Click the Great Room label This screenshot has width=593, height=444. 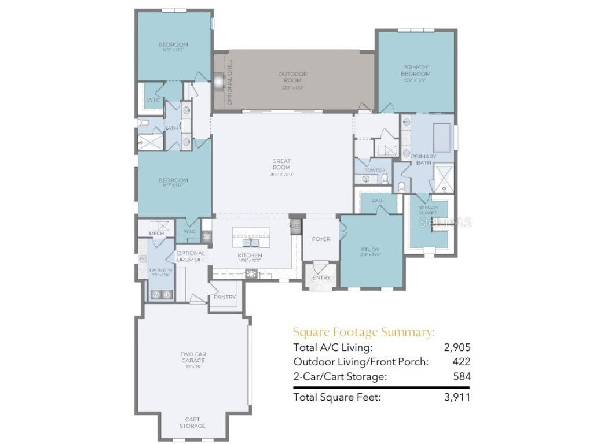click(x=281, y=164)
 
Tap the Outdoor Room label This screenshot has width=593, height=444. click(x=292, y=77)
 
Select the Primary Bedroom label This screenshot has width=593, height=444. click(x=416, y=71)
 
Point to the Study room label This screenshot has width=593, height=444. click(x=370, y=250)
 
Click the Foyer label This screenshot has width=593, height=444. click(x=321, y=239)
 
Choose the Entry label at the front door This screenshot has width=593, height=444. click(x=321, y=277)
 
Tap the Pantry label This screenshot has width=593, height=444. click(x=225, y=297)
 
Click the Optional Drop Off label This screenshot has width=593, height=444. click(x=191, y=257)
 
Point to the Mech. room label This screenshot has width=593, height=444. click(x=156, y=233)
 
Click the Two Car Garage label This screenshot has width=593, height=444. click(x=192, y=357)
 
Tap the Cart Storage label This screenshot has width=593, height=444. click(x=192, y=423)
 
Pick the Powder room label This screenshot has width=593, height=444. click(x=374, y=171)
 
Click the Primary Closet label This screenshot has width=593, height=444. click(x=429, y=210)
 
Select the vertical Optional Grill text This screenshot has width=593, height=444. click(x=230, y=82)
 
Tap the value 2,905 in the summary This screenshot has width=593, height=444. click(x=457, y=347)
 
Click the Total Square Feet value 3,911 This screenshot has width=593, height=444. click(x=457, y=397)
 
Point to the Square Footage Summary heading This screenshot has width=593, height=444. click(x=364, y=332)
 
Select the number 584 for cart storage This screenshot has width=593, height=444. click(x=462, y=376)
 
